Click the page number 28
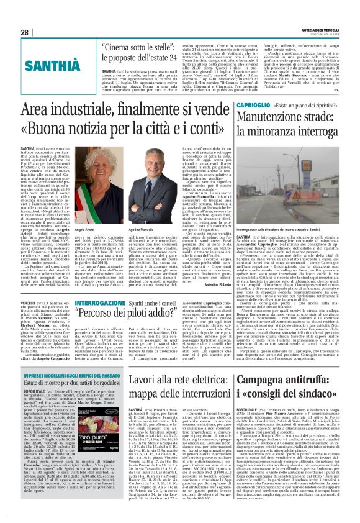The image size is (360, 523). click(x=25, y=32)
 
